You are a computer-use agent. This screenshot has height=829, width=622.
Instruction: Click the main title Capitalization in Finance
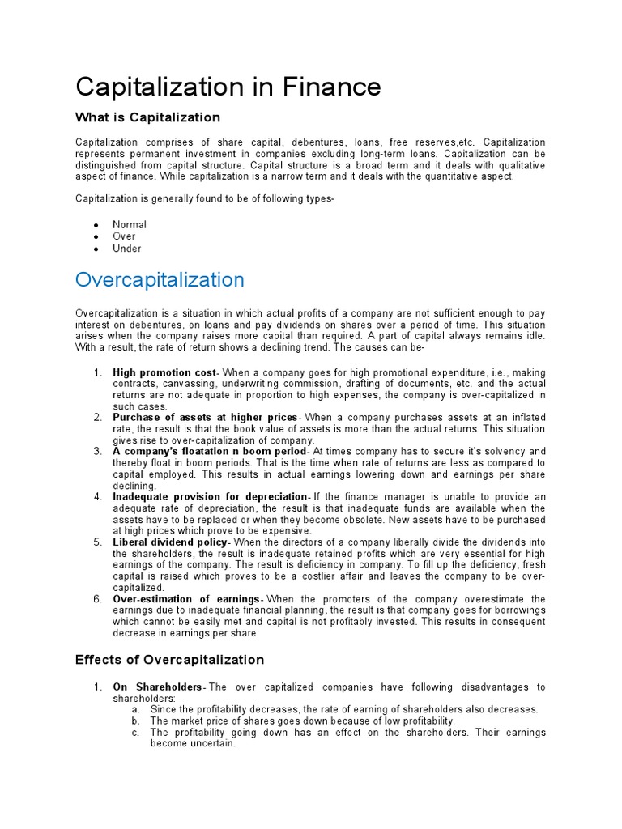(x=228, y=86)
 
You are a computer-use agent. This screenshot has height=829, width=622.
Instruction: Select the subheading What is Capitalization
(x=147, y=117)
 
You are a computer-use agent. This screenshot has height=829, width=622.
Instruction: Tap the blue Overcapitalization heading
(x=160, y=280)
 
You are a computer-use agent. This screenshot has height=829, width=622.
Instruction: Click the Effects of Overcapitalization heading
(x=169, y=659)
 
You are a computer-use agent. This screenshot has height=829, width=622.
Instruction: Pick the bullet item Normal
(x=130, y=225)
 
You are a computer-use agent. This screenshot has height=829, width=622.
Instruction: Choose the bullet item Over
(x=124, y=236)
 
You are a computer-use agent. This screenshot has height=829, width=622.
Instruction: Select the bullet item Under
(x=126, y=249)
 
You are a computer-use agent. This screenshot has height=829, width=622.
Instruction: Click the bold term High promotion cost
(x=164, y=372)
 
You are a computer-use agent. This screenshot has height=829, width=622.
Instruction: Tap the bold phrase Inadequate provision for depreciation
(x=210, y=495)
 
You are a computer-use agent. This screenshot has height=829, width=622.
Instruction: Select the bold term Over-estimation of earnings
(x=188, y=598)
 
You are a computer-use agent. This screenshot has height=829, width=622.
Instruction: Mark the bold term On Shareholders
(x=156, y=687)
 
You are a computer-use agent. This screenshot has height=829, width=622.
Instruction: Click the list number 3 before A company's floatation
(x=96, y=450)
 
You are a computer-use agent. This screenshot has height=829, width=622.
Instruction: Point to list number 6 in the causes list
(x=96, y=598)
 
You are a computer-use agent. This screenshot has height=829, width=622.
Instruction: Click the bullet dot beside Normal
(x=96, y=225)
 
